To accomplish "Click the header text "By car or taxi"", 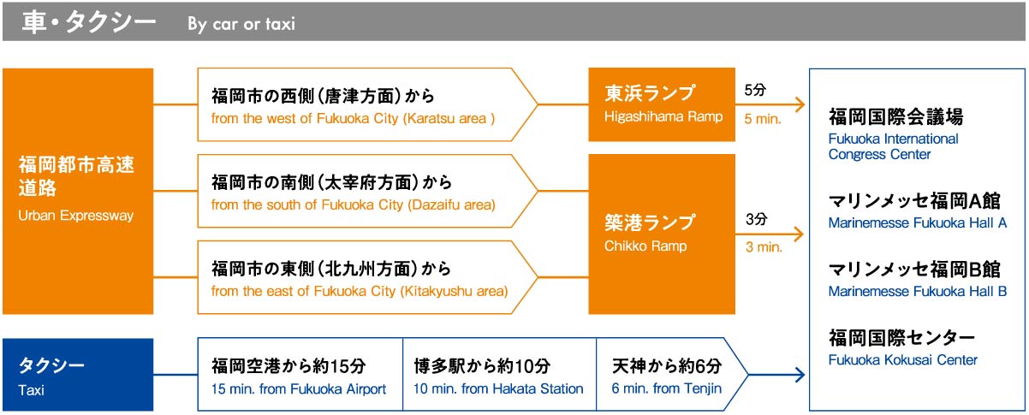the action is [241, 24].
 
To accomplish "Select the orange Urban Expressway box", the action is [78, 191].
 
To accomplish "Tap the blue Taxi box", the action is [78, 375].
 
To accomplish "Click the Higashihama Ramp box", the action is [662, 104].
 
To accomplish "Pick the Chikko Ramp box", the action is [662, 234].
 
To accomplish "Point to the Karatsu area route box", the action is [367, 104].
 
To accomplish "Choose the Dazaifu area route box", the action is [367, 191].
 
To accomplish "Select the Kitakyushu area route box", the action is [367, 277].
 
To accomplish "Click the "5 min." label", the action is [763, 119].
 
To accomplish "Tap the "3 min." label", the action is [764, 247].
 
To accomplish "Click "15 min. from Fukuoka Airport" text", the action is [299, 388].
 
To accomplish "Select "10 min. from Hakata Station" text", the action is [498, 388].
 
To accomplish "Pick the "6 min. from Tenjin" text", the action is [667, 388].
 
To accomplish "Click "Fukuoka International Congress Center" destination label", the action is [893, 146].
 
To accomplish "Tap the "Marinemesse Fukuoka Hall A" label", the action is [918, 223].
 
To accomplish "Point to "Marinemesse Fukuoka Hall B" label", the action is [918, 292].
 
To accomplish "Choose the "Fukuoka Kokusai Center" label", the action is [902, 360].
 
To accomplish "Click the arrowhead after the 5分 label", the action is [800, 104].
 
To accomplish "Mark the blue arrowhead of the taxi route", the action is [800, 375].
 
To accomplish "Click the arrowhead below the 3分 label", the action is [800, 234].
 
